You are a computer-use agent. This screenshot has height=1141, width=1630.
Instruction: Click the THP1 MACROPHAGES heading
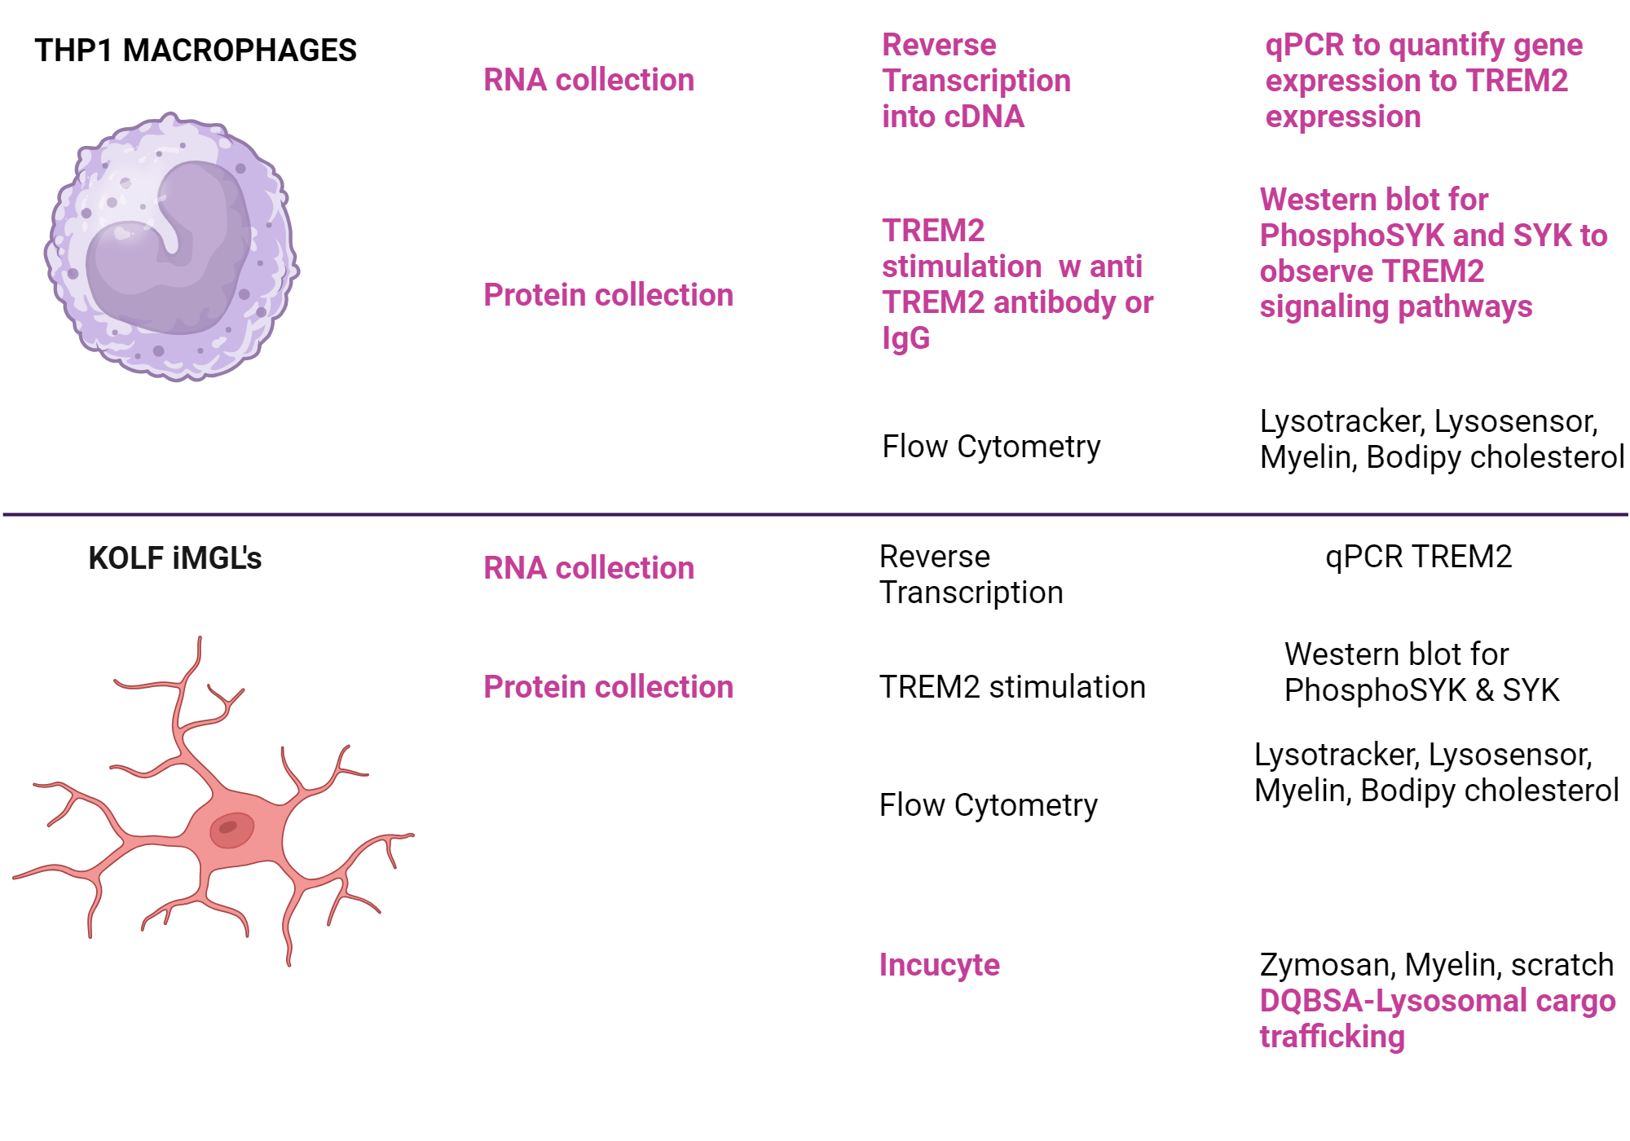pos(196,51)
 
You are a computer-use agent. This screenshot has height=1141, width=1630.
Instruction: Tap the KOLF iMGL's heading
pos(174,558)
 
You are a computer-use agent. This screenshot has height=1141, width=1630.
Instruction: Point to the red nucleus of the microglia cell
pos(231,830)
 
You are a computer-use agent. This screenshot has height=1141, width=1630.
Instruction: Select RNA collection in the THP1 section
pos(588,80)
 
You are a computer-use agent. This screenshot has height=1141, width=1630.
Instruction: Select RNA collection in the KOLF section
pos(588,568)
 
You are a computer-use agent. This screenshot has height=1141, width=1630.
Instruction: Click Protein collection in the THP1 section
pos(608,295)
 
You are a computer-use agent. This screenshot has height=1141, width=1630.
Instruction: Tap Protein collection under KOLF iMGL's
pos(608,687)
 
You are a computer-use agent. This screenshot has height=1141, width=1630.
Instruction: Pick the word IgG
pos(905,337)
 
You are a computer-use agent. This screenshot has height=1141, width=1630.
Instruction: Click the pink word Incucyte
pos(939,965)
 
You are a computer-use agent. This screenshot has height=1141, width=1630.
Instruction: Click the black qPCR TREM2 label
pos(1418,557)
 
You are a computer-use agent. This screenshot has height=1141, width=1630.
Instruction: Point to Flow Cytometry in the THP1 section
pos(991,447)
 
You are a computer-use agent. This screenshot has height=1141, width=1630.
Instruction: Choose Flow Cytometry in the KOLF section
pos(988,805)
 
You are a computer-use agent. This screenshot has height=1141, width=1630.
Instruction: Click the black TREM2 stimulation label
pos(1012,687)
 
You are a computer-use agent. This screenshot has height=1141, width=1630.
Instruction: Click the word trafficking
pos(1332,1037)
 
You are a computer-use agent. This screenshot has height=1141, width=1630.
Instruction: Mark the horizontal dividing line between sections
pos(815,514)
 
